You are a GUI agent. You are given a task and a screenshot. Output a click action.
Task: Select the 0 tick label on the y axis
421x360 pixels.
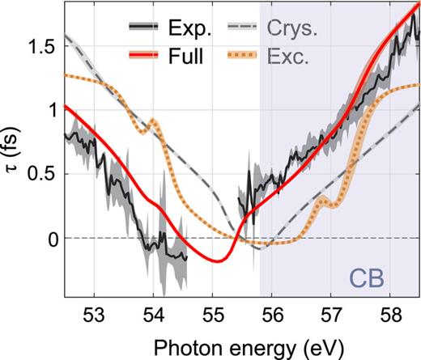[x=53, y=239]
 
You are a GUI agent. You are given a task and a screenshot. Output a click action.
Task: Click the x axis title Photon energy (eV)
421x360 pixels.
[x=241, y=345]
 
